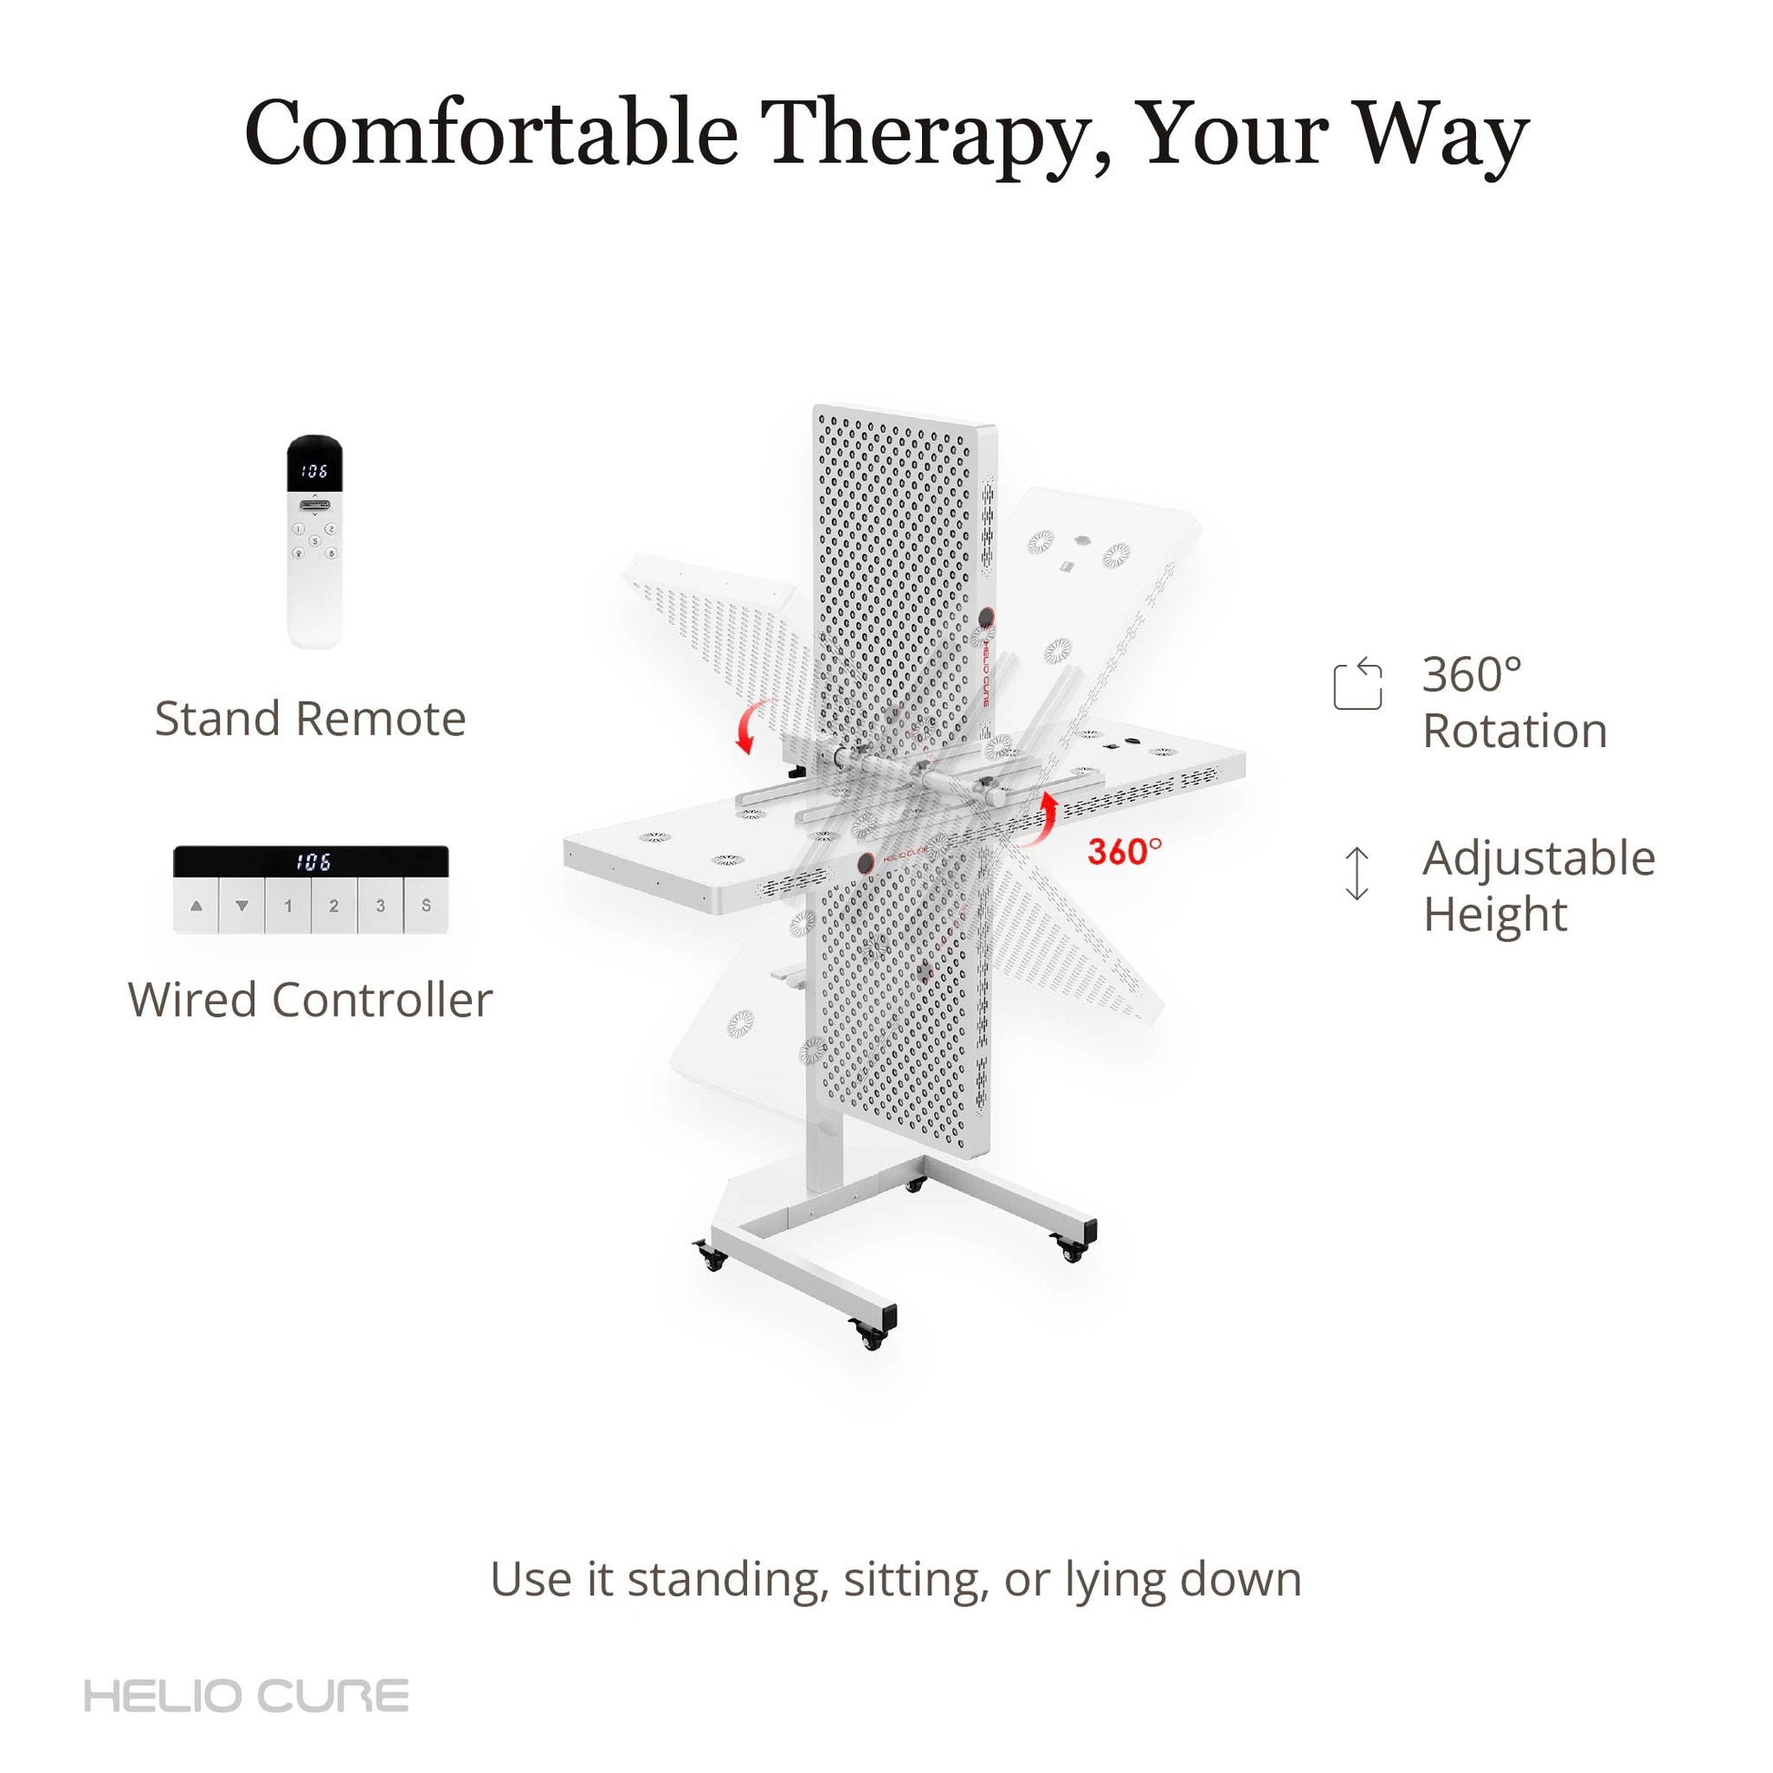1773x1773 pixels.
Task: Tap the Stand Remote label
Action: click(310, 719)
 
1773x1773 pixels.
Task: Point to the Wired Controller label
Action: click(310, 999)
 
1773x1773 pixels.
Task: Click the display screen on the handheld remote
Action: click(314, 471)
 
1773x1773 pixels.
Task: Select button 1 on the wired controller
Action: click(288, 906)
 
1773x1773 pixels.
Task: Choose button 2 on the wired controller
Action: click(334, 906)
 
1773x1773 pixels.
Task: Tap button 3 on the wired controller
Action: click(380, 906)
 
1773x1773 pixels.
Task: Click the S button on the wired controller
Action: click(425, 906)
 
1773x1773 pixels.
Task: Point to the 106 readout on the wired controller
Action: click(313, 862)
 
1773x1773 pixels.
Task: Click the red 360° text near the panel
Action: click(1124, 851)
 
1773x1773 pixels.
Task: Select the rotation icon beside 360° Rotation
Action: click(1358, 682)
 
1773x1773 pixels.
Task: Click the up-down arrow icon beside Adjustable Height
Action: click(1357, 873)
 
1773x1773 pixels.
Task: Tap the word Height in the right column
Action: click(1496, 914)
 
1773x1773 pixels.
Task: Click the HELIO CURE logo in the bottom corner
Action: click(246, 1696)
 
